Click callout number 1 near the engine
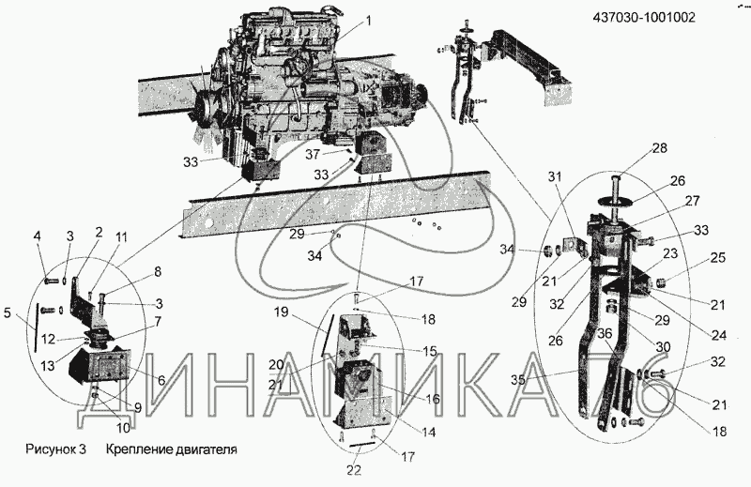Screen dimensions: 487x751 point(369,21)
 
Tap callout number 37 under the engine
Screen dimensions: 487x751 point(312,153)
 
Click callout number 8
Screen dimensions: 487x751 point(157,271)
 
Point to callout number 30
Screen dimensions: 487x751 point(662,346)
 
